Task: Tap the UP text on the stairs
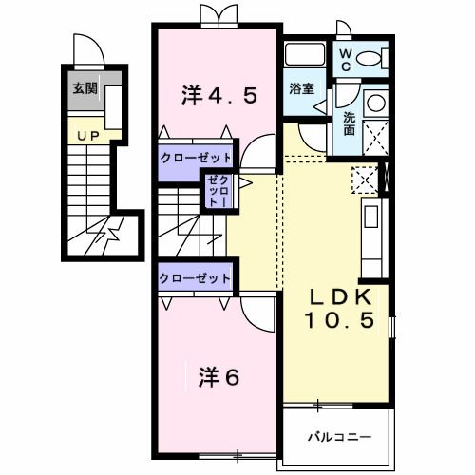click(88, 137)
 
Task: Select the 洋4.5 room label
click(218, 95)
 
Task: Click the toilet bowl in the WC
click(373, 58)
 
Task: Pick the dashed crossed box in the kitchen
click(365, 179)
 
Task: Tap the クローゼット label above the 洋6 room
click(195, 278)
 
